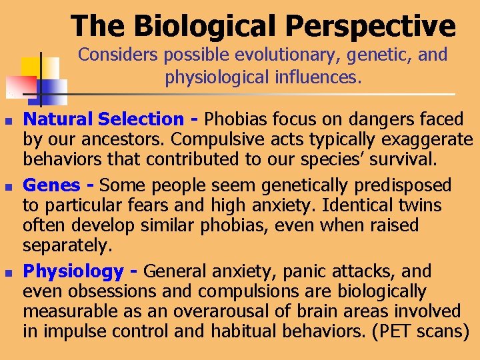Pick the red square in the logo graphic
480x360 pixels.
[20, 87]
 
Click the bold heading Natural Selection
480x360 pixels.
[103, 119]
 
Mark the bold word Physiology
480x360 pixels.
[73, 272]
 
